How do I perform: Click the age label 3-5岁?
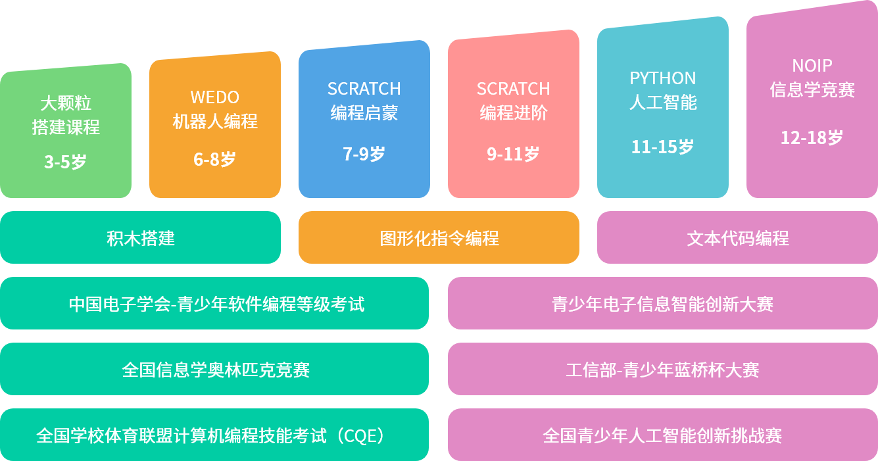pyautogui.click(x=65, y=162)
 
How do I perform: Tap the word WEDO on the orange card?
pyautogui.click(x=215, y=97)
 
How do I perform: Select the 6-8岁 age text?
pyautogui.click(x=214, y=159)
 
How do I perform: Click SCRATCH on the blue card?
pyautogui.click(x=364, y=89)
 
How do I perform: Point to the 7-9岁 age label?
pyautogui.click(x=364, y=154)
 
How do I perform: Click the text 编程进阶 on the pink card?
pyautogui.click(x=514, y=113)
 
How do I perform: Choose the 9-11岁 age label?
pyautogui.click(x=513, y=154)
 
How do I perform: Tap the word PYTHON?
pyautogui.click(x=663, y=78)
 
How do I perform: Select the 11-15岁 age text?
pyautogui.click(x=662, y=147)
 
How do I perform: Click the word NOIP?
pyautogui.click(x=812, y=66)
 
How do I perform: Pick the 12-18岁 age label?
pyautogui.click(x=812, y=137)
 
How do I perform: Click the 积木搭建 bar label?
pyautogui.click(x=141, y=238)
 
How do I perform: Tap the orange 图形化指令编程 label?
pyautogui.click(x=439, y=238)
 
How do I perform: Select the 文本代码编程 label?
pyautogui.click(x=738, y=238)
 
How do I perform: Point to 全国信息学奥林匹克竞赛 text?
pyautogui.click(x=216, y=370)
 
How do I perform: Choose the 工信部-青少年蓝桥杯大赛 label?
pyautogui.click(x=662, y=370)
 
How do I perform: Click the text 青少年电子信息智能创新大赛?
pyautogui.click(x=662, y=304)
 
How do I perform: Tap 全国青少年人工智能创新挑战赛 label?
pyautogui.click(x=662, y=435)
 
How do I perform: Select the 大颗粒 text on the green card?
pyautogui.click(x=66, y=103)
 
